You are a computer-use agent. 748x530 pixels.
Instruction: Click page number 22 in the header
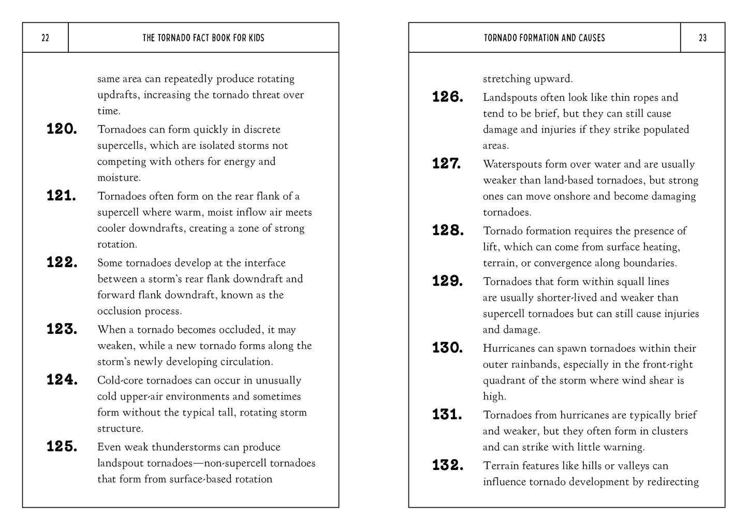[45, 38]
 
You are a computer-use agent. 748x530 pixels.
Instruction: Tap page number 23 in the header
[702, 38]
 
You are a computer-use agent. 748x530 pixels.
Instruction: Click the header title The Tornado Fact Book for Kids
[203, 38]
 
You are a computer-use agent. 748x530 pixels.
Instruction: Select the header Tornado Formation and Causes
[544, 38]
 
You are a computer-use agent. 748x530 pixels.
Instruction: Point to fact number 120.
[62, 129]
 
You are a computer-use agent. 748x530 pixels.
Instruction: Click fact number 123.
[62, 330]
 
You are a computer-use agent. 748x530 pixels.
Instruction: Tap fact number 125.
[62, 447]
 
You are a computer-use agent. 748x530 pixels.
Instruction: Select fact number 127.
[447, 164]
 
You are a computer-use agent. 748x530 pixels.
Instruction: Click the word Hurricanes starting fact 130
[509, 348]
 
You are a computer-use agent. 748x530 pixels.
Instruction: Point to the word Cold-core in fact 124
[120, 380]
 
